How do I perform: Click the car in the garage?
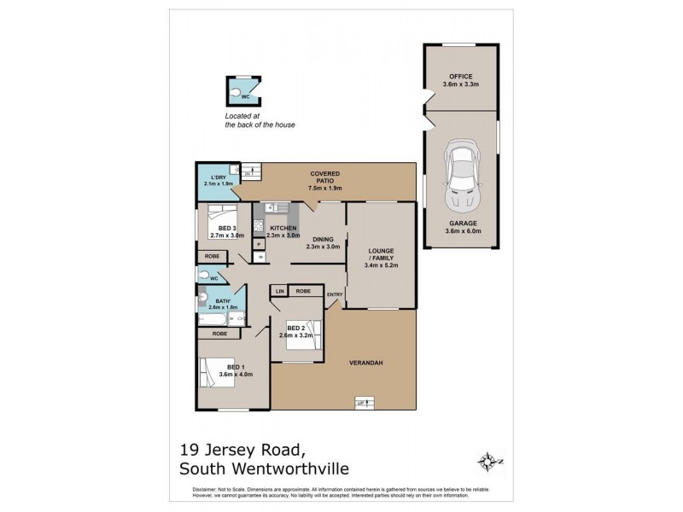pyautogui.click(x=461, y=177)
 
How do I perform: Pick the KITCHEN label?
pyautogui.click(x=283, y=229)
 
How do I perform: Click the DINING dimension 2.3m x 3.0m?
pyautogui.click(x=325, y=246)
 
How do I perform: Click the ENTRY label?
pyautogui.click(x=334, y=295)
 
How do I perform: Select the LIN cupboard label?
pyautogui.click(x=278, y=291)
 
